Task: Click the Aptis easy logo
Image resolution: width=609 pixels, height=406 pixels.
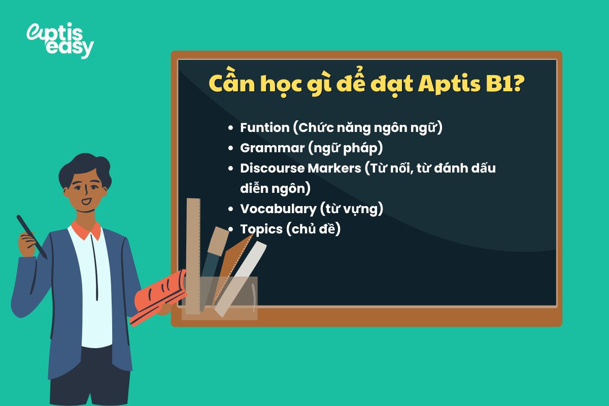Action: click(60, 40)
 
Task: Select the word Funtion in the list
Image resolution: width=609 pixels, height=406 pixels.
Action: click(264, 127)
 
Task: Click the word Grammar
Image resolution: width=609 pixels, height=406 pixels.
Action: click(268, 148)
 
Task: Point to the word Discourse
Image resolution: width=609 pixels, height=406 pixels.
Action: click(272, 168)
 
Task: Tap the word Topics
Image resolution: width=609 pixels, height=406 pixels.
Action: click(261, 229)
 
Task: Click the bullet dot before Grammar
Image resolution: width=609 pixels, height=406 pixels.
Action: click(231, 149)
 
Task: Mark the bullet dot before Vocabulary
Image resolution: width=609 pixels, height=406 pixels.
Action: click(231, 209)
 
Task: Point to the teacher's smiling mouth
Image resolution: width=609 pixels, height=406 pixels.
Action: click(86, 201)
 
